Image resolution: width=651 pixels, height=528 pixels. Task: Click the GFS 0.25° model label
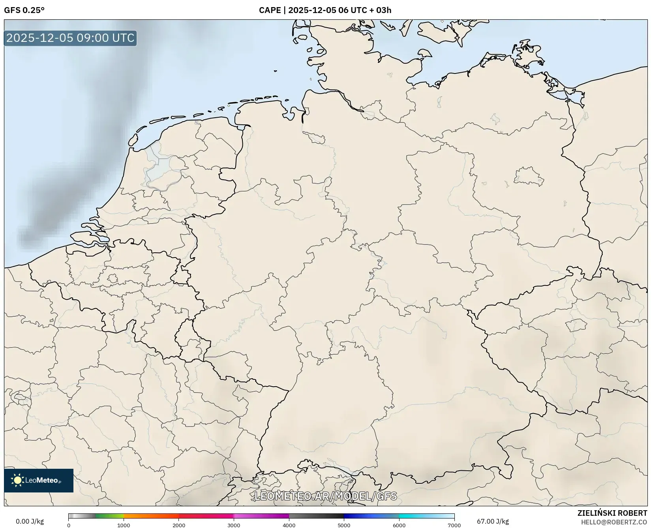[24, 10]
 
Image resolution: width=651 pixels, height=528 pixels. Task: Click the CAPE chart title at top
[325, 10]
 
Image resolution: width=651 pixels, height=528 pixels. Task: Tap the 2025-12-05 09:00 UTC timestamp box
[70, 38]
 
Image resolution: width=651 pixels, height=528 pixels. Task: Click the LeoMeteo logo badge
[39, 480]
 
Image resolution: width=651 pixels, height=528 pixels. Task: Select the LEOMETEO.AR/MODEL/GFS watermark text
[325, 496]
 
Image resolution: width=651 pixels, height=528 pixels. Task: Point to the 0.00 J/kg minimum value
[30, 521]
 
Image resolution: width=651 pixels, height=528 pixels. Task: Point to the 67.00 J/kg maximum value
[493, 521]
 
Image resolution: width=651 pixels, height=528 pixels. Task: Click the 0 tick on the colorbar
[69, 525]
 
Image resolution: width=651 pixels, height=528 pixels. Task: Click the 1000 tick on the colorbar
[124, 525]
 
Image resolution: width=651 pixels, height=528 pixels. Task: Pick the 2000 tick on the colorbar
[179, 525]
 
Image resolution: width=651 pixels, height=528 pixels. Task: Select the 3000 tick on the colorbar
[234, 525]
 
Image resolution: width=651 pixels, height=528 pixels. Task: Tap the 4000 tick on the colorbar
[289, 525]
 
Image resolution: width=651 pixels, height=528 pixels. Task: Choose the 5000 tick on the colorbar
[344, 525]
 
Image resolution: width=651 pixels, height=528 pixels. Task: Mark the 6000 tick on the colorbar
[399, 525]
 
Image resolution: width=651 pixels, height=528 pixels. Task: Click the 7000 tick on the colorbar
[454, 525]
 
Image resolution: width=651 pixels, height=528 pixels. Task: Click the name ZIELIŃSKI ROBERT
[612, 513]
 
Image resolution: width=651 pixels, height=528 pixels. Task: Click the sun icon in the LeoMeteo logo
[17, 480]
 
